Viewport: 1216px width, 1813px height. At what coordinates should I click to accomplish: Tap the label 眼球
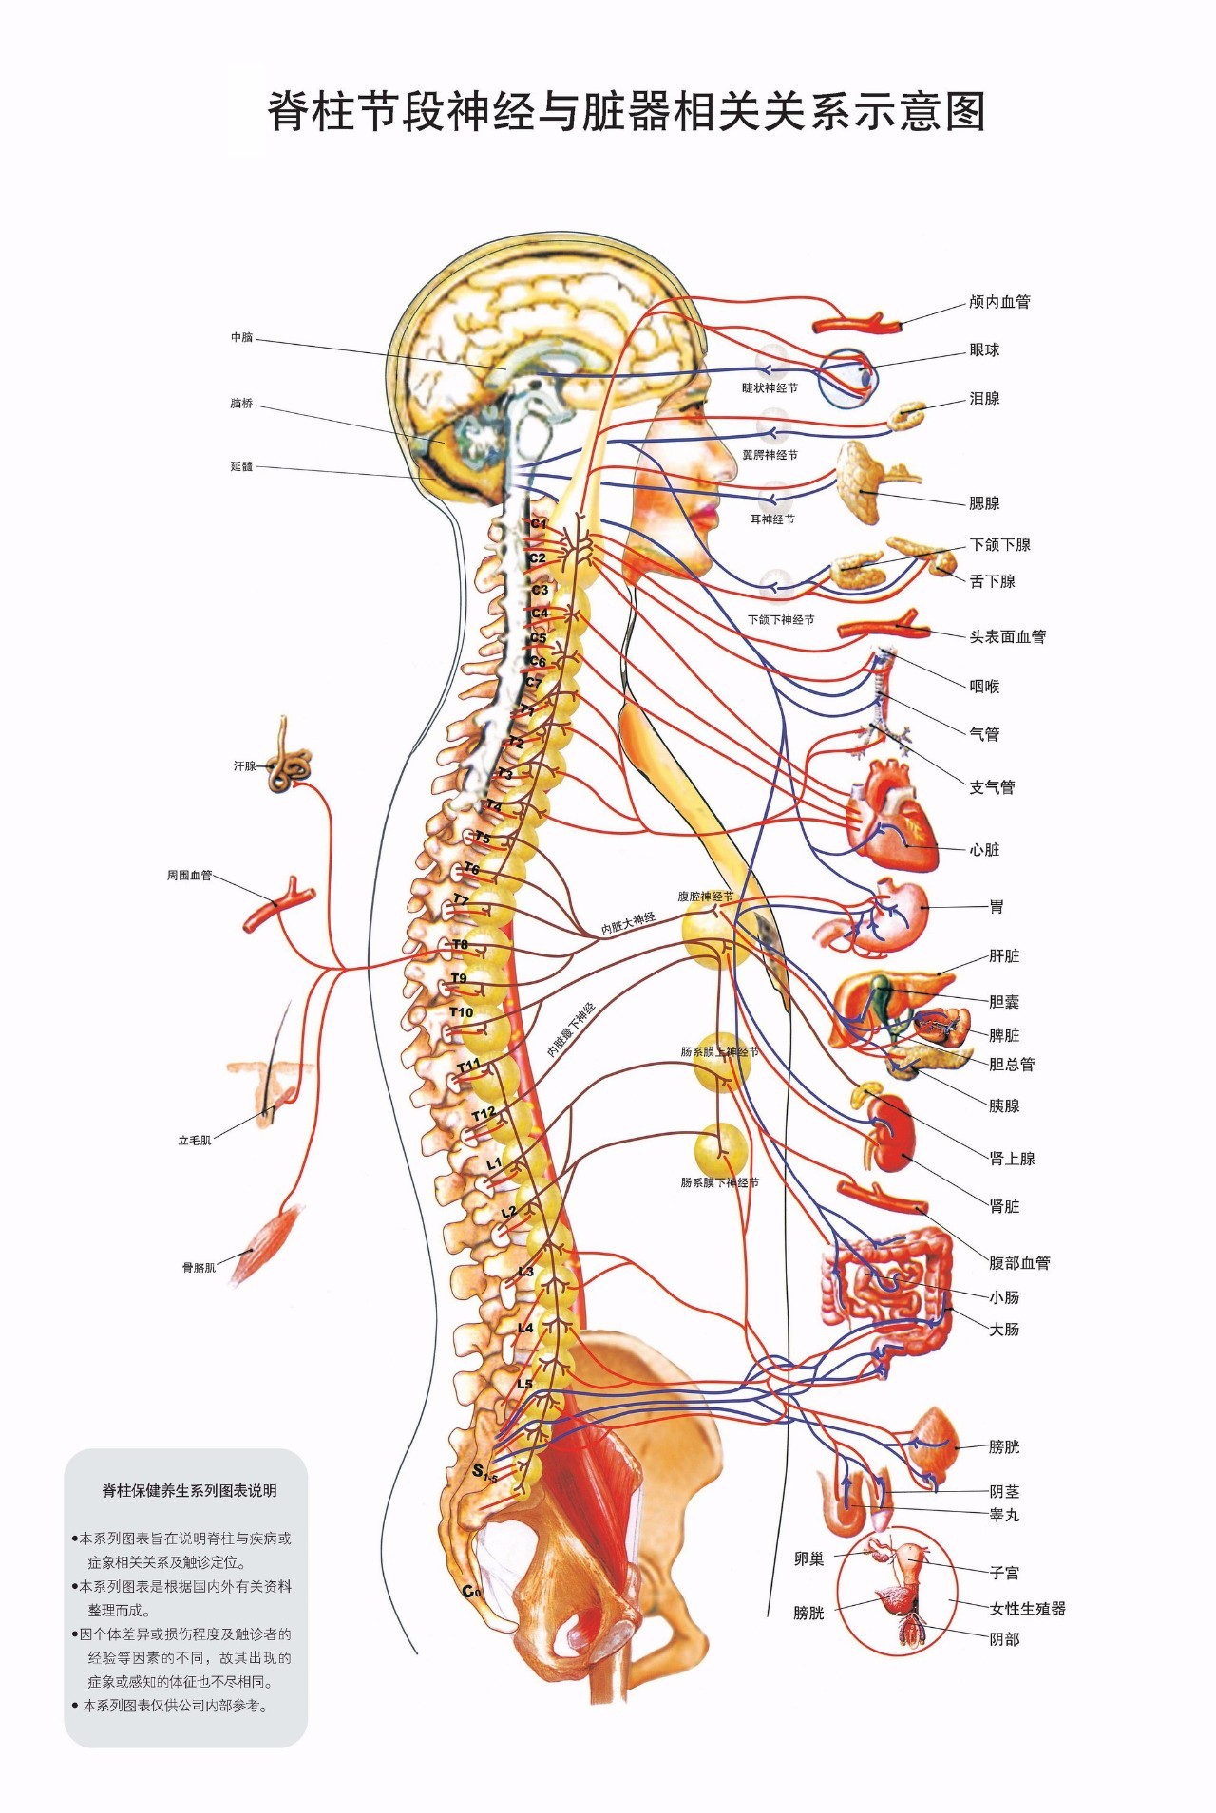pyautogui.click(x=984, y=350)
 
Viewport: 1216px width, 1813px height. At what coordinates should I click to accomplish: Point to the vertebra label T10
pyautogui.click(x=461, y=1012)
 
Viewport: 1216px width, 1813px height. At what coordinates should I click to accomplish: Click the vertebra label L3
pyautogui.click(x=525, y=1272)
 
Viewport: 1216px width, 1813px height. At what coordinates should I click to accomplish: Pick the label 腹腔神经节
pyautogui.click(x=705, y=896)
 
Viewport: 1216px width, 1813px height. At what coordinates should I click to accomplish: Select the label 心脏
pyautogui.click(x=984, y=850)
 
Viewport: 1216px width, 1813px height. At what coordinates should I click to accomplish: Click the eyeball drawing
pyautogui.click(x=851, y=378)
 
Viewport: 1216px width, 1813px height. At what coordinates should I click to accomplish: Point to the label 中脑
pyautogui.click(x=242, y=337)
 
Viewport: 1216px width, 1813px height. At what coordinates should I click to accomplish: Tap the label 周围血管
pyautogui.click(x=190, y=876)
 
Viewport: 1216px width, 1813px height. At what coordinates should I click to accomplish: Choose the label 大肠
pyautogui.click(x=1004, y=1330)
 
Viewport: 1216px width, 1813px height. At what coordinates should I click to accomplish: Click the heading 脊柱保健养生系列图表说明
pyautogui.click(x=190, y=1491)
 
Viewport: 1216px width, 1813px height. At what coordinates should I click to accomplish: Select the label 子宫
pyautogui.click(x=1004, y=1573)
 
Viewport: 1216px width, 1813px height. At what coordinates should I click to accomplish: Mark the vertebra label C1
pyautogui.click(x=539, y=523)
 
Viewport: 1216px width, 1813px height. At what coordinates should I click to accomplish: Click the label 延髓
pyautogui.click(x=241, y=466)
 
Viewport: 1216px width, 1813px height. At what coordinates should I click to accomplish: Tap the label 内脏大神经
pyautogui.click(x=628, y=923)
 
